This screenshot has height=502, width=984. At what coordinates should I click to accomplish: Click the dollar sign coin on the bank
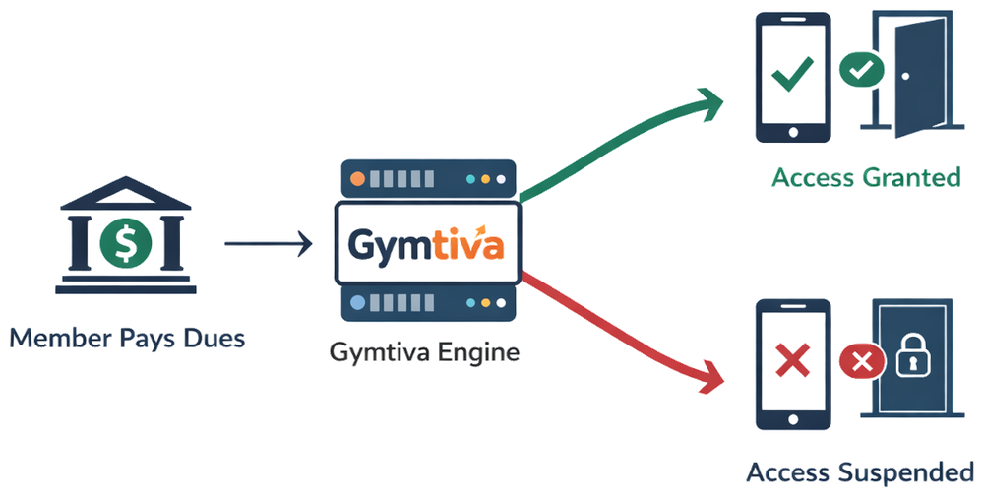(x=125, y=243)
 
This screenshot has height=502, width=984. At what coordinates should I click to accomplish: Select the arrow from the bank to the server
(x=266, y=243)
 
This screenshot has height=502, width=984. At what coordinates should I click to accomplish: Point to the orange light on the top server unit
(x=357, y=180)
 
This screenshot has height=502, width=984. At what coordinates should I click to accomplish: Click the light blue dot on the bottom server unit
(x=357, y=303)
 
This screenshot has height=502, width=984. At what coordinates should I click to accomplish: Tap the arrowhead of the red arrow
(x=710, y=377)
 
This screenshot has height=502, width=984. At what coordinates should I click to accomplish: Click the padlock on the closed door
(x=910, y=361)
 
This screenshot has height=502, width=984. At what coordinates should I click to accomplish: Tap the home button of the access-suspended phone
(x=792, y=417)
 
